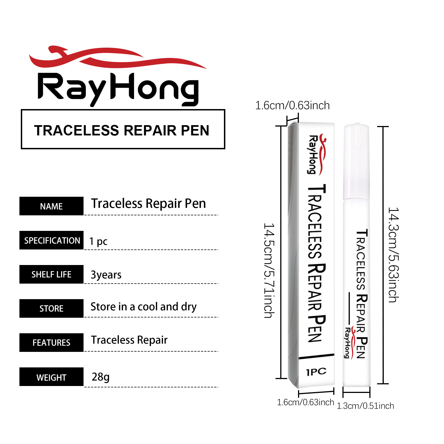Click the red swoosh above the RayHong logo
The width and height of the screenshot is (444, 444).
[x=118, y=57]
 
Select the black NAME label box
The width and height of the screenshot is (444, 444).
[x=51, y=206]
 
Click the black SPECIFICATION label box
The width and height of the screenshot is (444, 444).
[x=51, y=240]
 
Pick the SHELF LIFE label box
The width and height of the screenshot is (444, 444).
[x=51, y=274]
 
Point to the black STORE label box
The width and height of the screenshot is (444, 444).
[x=51, y=308]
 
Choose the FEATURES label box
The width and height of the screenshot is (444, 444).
[x=51, y=342]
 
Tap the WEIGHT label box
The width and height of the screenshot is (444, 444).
[x=51, y=377]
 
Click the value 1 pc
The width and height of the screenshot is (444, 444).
[x=98, y=241]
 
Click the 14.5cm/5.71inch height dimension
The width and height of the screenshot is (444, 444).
[x=269, y=270]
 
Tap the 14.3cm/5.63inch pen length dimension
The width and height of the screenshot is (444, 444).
[x=393, y=255]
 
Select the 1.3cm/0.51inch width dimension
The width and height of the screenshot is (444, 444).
[x=365, y=406]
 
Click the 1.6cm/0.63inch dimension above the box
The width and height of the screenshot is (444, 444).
[x=292, y=105]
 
